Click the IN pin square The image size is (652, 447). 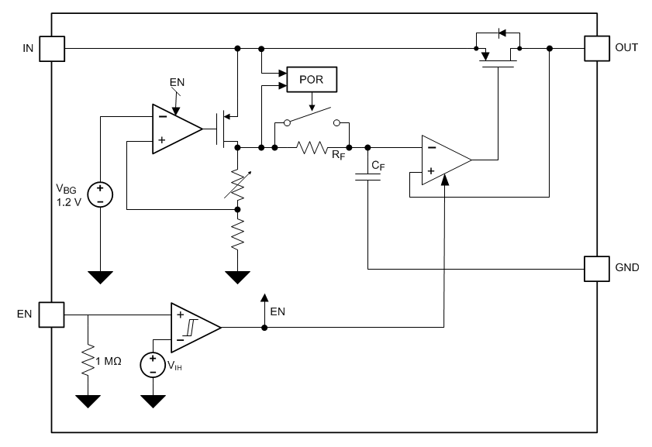pyautogui.click(x=52, y=49)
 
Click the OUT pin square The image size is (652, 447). pyautogui.click(x=597, y=48)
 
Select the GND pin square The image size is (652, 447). pyautogui.click(x=597, y=269)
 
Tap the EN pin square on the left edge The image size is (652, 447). pyautogui.click(x=52, y=315)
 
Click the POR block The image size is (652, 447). pyautogui.click(x=312, y=79)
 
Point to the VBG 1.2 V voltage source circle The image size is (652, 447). pyautogui.click(x=100, y=194)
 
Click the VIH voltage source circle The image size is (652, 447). pyautogui.click(x=153, y=365)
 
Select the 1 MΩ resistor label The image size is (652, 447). pyautogui.click(x=109, y=362)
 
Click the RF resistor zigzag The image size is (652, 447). pyautogui.click(x=312, y=147)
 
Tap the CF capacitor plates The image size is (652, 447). pyautogui.click(x=367, y=177)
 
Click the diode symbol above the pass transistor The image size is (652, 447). pyautogui.click(x=502, y=33)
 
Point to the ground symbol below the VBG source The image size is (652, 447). pyautogui.click(x=100, y=277)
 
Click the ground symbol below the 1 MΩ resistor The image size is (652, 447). pyautogui.click(x=88, y=401)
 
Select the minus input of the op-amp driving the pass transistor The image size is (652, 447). pyautogui.click(x=432, y=147)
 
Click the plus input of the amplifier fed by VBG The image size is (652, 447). pyautogui.click(x=162, y=140)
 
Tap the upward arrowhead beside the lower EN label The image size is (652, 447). pyautogui.click(x=264, y=297)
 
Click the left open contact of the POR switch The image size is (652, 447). pyautogui.click(x=287, y=123)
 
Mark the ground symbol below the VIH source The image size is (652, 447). pyautogui.click(x=153, y=401)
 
